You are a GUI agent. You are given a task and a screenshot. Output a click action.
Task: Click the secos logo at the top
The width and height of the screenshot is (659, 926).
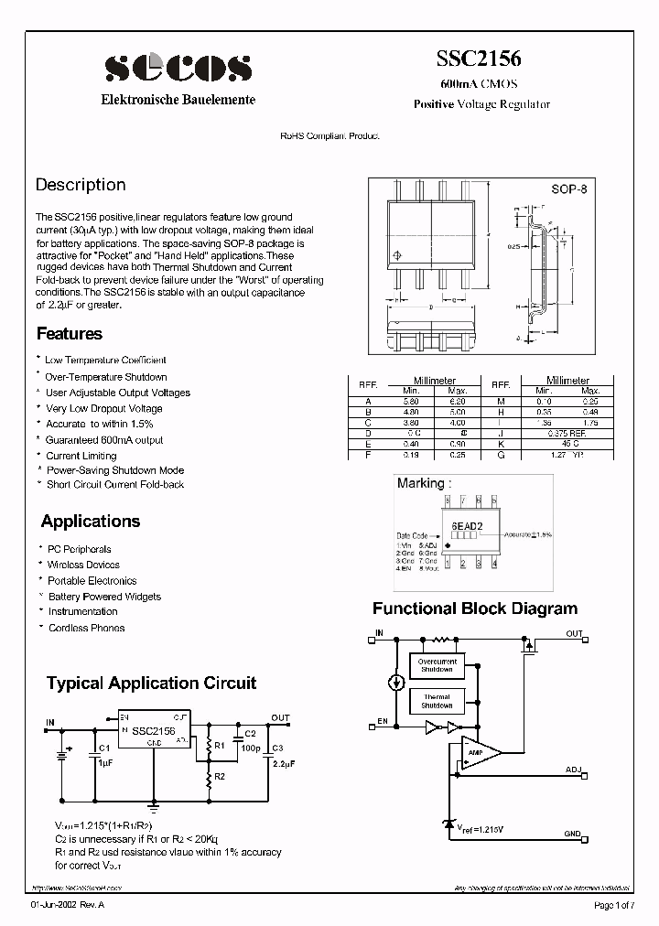[x=178, y=68]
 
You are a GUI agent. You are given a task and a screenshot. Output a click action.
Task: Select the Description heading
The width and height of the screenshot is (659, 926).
[x=81, y=185]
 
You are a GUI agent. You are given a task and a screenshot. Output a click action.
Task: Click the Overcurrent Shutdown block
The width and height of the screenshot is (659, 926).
[x=437, y=665]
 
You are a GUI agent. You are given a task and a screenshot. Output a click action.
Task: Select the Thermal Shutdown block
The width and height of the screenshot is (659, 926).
[x=437, y=701]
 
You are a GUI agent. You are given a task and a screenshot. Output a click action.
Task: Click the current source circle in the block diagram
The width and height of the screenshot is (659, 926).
[x=395, y=682]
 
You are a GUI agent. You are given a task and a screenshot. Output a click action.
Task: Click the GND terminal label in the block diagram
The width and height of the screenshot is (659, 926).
[x=573, y=833]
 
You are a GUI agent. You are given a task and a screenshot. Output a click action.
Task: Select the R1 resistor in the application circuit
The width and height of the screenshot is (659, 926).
[x=209, y=746]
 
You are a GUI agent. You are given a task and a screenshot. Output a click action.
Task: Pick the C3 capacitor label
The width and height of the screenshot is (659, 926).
[x=276, y=748]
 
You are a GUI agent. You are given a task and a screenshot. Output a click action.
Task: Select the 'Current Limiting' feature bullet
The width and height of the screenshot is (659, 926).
[x=81, y=455]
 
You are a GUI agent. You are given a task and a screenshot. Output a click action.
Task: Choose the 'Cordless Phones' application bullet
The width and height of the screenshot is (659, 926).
[x=86, y=628]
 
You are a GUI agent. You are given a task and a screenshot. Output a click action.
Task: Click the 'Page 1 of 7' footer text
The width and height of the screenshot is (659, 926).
[x=618, y=906]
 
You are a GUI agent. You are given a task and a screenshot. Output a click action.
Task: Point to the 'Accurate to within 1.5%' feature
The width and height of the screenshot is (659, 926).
[x=100, y=424]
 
